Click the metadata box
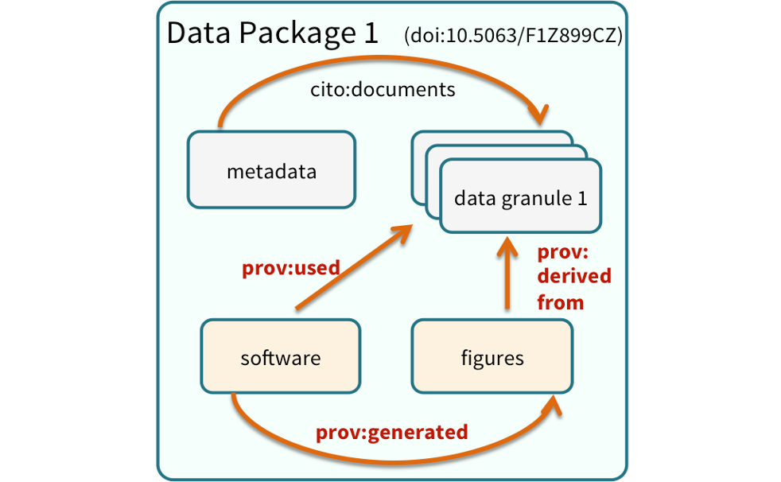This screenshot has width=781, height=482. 270,171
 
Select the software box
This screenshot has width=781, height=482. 280,357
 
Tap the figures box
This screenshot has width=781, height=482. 492,357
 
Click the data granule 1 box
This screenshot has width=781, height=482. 520,197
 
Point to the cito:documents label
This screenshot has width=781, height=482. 383,89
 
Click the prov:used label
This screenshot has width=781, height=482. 290,268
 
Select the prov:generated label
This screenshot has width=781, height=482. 391,432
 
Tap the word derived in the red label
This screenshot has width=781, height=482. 574,277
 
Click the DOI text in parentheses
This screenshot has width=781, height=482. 513,37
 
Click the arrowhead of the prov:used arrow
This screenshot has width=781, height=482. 404,232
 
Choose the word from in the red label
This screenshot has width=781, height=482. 560,302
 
